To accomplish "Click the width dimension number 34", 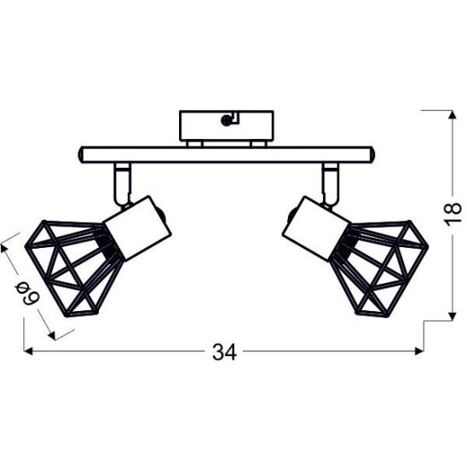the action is [224, 352].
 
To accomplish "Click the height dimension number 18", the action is [453, 214].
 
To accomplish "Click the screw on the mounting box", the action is [226, 120].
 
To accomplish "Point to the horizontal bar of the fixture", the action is [227, 154].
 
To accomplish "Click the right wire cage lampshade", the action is [380, 268].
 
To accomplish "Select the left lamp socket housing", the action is [137, 228].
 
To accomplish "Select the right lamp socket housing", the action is [316, 228].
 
